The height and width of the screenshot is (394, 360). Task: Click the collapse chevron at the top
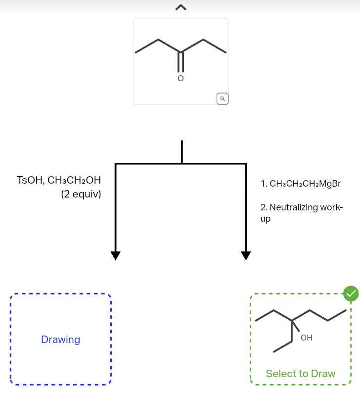pyautogui.click(x=181, y=7)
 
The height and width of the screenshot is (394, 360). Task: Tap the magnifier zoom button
pyautogui.click(x=223, y=99)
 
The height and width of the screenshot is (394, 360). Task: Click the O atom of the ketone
pyautogui.click(x=180, y=78)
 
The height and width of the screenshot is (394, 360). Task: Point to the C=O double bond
pyautogui.click(x=181, y=62)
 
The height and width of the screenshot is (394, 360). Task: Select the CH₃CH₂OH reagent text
pyautogui.click(x=74, y=180)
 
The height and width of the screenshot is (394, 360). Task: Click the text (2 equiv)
pyautogui.click(x=81, y=194)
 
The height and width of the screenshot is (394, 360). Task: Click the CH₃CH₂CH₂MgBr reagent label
pyautogui.click(x=305, y=184)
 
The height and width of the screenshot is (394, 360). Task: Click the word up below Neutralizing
pyautogui.click(x=266, y=219)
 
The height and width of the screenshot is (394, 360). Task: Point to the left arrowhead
pyautogui.click(x=116, y=255)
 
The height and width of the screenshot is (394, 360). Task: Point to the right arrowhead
pyautogui.click(x=246, y=255)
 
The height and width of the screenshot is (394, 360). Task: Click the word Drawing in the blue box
pyautogui.click(x=61, y=340)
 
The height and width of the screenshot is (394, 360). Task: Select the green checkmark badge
pyautogui.click(x=351, y=294)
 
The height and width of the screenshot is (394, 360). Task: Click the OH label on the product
pyautogui.click(x=306, y=338)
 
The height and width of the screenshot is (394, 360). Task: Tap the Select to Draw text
pyautogui.click(x=301, y=374)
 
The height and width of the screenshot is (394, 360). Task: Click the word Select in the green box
pyautogui.click(x=279, y=374)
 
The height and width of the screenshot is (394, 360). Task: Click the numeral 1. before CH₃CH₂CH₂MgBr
pyautogui.click(x=264, y=184)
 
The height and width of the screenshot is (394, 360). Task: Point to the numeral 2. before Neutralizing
pyautogui.click(x=264, y=207)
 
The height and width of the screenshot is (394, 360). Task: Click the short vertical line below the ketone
pyautogui.click(x=182, y=152)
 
